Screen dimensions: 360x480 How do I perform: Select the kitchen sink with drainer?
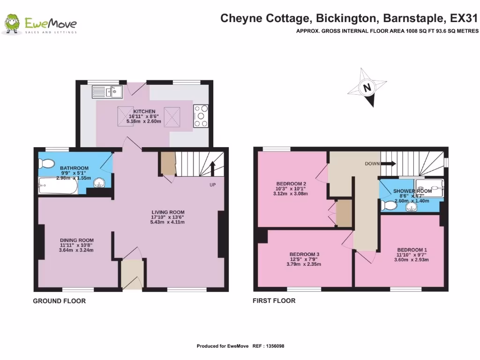(107, 90)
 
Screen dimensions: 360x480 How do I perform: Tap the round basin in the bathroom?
(100, 183)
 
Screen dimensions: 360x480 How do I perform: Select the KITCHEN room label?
(144, 111)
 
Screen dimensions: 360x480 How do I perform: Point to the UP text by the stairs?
(212, 185)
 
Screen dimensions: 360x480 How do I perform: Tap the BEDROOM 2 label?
(291, 183)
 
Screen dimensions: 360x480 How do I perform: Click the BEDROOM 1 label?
(412, 249)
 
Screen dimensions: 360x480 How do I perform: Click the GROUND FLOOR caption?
(59, 301)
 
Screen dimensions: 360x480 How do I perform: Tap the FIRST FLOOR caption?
(274, 300)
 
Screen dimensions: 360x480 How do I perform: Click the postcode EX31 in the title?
(464, 19)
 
